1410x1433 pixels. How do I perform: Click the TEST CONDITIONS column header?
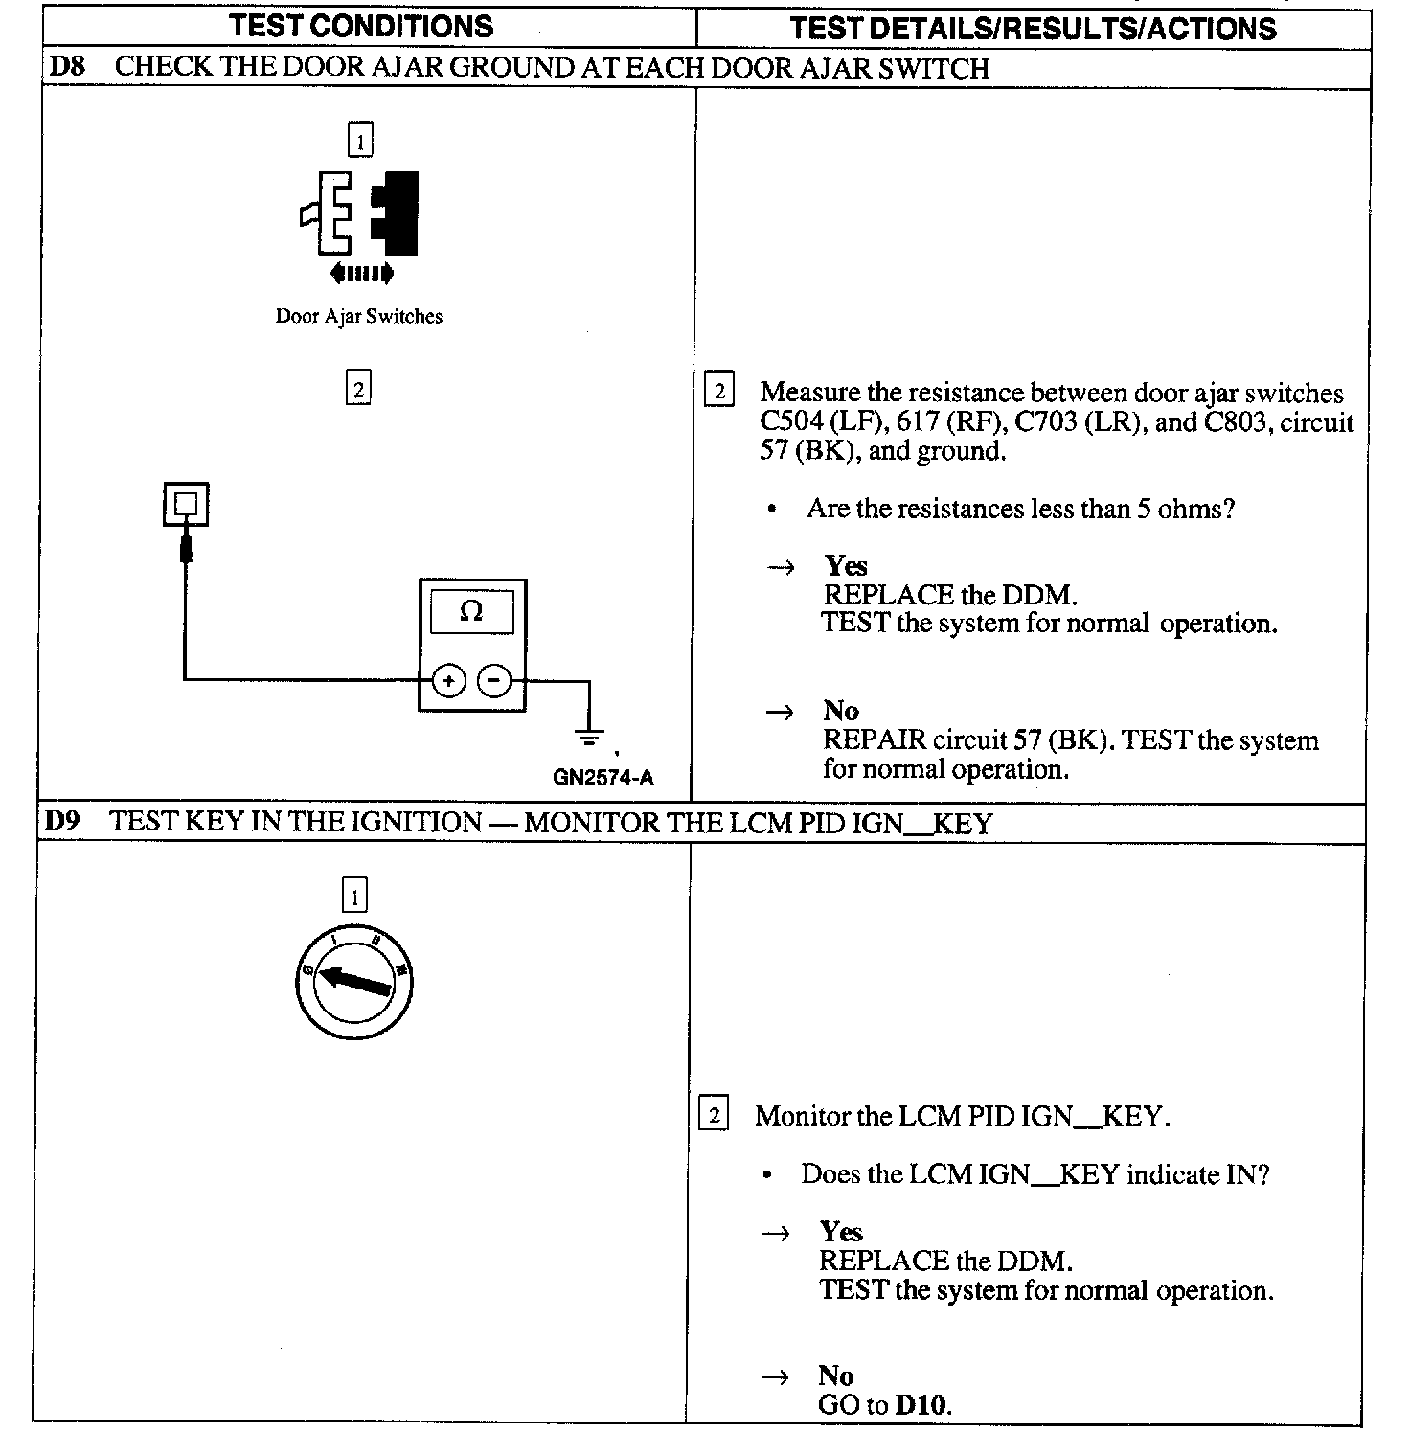click(361, 26)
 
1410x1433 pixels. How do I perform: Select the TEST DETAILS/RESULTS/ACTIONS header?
click(1033, 28)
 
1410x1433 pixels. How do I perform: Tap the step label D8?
click(67, 67)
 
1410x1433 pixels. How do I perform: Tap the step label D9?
click(62, 822)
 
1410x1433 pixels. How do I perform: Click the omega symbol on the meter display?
click(471, 611)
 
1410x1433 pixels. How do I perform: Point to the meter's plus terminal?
click(448, 681)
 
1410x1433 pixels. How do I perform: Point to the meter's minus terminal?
click(494, 681)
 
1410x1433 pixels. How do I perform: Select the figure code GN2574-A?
click(603, 777)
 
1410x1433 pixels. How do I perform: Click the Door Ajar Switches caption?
click(359, 316)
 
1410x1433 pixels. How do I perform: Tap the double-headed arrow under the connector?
click(361, 274)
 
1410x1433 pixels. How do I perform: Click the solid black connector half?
click(397, 214)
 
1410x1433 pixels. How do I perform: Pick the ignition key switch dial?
click(354, 982)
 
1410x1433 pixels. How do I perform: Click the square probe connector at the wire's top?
click(186, 504)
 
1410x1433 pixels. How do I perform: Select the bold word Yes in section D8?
click(846, 565)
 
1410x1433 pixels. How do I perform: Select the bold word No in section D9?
click(836, 1376)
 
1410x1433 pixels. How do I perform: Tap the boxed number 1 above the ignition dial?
click(354, 897)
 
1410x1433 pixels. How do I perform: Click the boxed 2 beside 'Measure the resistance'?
click(719, 391)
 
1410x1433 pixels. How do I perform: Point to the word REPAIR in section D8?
click(875, 740)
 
